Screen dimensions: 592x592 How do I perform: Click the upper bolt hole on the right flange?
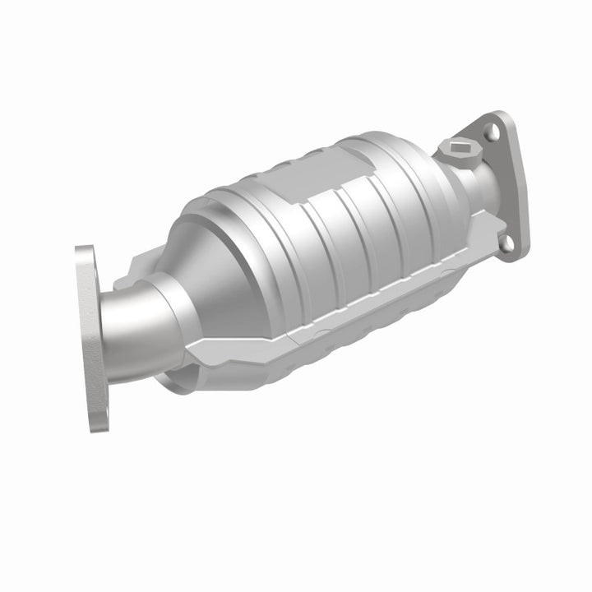[x=492, y=130]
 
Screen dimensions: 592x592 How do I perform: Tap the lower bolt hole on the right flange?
[x=507, y=242]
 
